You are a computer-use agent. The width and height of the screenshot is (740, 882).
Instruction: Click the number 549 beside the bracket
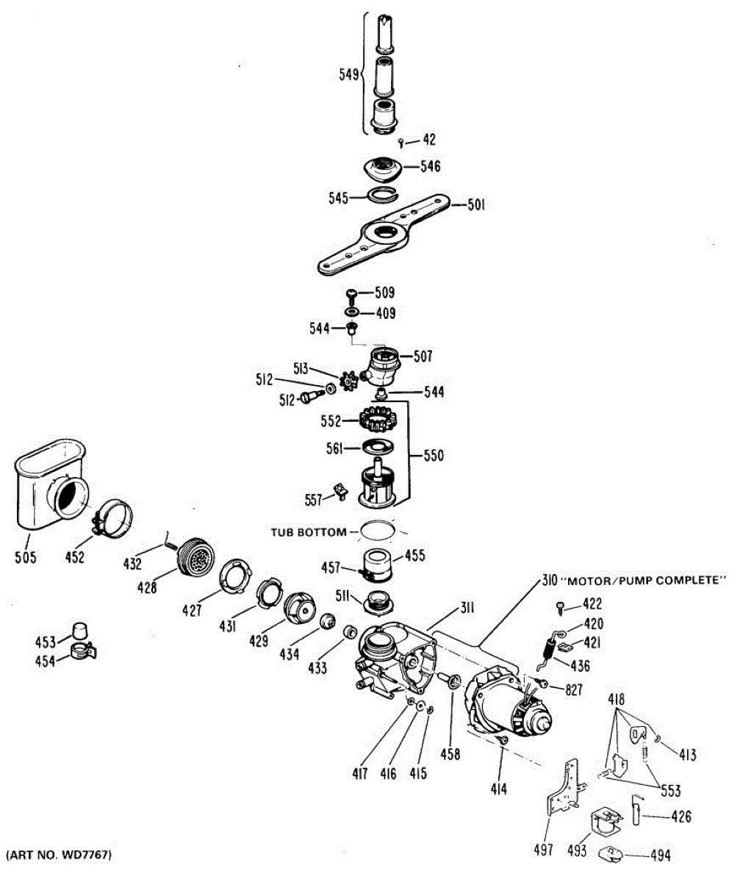point(348,74)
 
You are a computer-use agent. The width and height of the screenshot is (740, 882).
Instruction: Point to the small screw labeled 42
point(401,141)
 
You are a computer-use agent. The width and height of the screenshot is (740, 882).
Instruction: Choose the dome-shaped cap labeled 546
point(381,167)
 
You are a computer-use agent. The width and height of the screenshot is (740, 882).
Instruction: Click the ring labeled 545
point(381,194)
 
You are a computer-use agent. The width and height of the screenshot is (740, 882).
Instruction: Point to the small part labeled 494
point(610,854)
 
